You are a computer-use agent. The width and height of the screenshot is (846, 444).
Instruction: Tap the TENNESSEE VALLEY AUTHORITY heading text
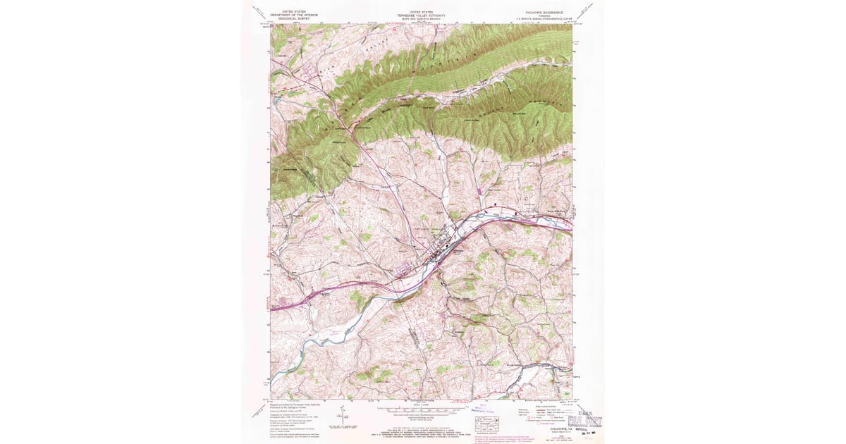tap(422, 14)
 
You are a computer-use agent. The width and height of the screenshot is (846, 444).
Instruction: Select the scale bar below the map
tap(422, 409)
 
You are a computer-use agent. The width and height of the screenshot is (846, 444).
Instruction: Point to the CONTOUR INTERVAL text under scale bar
tap(422, 415)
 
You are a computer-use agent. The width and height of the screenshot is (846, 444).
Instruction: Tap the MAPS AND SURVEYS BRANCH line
tap(422, 18)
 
